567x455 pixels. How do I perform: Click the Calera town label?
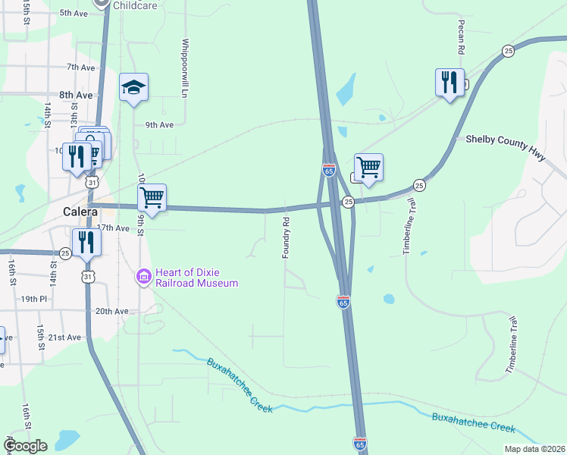(x=80, y=212)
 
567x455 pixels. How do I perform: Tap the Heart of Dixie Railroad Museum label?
(x=196, y=278)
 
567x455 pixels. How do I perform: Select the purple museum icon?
(x=144, y=278)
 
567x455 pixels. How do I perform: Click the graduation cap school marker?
(x=133, y=87)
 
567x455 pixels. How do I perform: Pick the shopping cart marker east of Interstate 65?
(x=368, y=167)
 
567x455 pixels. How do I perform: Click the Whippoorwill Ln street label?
(x=184, y=67)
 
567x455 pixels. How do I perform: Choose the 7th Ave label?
(x=80, y=67)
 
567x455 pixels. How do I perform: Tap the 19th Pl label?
(x=34, y=299)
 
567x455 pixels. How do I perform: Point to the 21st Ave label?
(x=64, y=337)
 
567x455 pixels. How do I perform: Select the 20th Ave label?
(x=111, y=311)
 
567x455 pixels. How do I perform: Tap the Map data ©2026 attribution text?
(x=534, y=449)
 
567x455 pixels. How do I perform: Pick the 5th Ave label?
(x=74, y=13)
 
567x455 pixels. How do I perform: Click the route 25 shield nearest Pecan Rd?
(x=508, y=50)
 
